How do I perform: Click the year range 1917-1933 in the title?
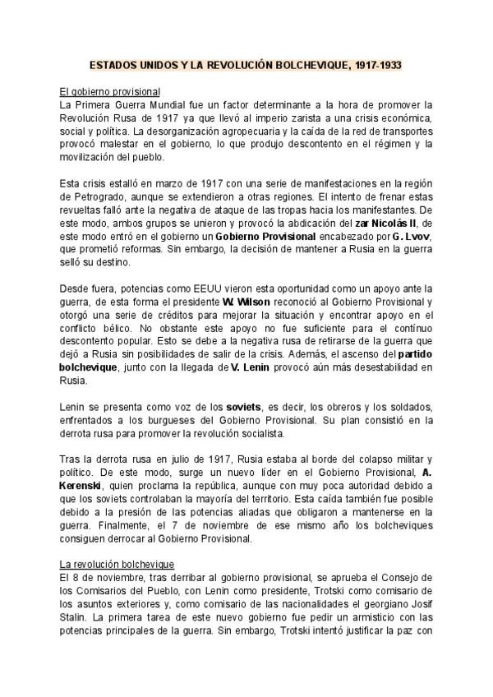tap(373, 65)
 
